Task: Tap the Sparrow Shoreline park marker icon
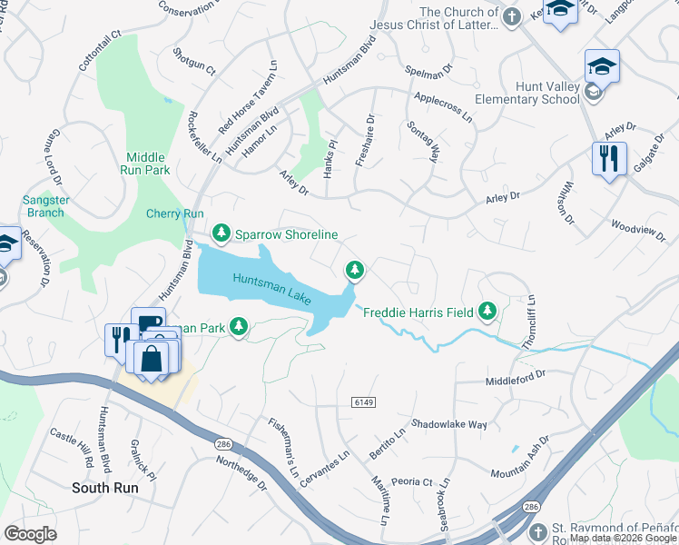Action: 221,233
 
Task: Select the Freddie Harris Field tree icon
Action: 488,312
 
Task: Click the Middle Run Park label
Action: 146,163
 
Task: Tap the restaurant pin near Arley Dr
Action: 608,160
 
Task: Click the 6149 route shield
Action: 362,401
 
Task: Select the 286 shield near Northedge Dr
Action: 221,444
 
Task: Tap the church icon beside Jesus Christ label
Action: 512,15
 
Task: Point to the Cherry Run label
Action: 175,213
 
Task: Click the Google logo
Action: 30,534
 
